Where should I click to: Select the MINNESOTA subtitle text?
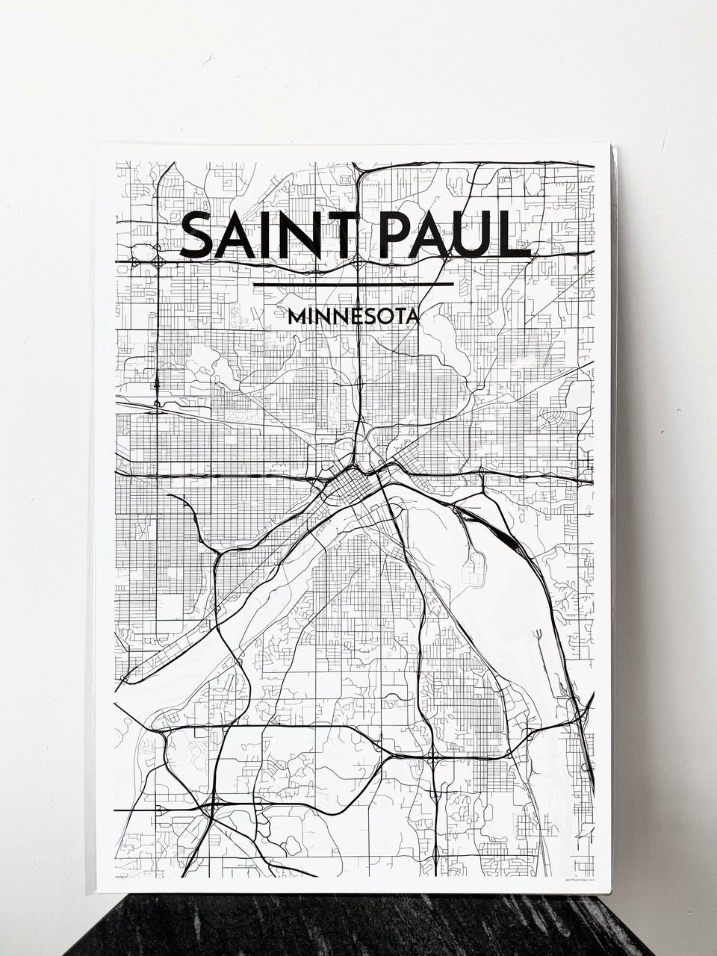(x=353, y=317)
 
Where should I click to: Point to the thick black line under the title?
(x=353, y=285)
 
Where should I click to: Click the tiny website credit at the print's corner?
(x=577, y=881)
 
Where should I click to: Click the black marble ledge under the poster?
(x=358, y=926)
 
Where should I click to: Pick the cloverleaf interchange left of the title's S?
(x=159, y=261)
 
